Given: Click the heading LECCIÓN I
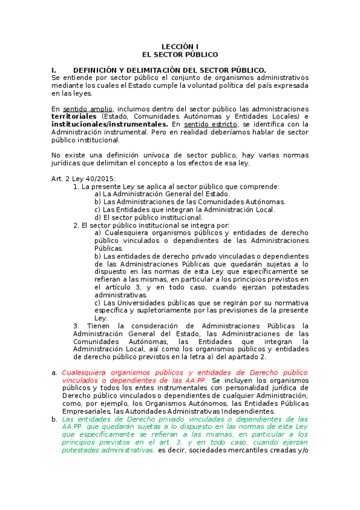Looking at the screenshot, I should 180,46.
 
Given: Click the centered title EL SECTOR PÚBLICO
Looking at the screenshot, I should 180,54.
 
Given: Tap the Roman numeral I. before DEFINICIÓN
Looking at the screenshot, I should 55,70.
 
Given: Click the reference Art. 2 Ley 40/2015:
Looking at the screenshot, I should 84,179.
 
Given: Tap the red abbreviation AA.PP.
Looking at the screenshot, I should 194,381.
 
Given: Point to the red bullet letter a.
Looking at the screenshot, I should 55,373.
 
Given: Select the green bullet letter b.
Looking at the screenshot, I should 55,419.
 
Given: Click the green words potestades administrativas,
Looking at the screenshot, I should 108,450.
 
